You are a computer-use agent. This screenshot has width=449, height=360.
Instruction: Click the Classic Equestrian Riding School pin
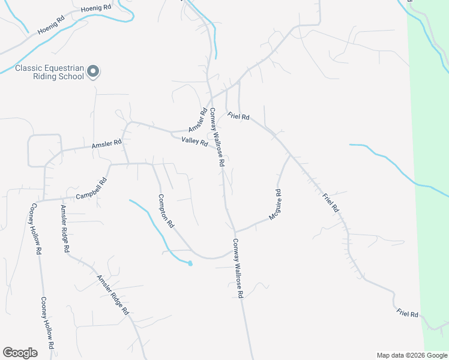point(93,71)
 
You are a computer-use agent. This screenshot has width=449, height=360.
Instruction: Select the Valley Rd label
point(194,142)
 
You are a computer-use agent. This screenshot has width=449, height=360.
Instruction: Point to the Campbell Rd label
point(91,189)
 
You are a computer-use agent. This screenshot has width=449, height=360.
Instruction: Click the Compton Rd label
point(166,211)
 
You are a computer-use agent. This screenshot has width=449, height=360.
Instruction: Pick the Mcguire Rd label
point(275,204)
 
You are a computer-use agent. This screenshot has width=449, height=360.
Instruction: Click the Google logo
point(20,353)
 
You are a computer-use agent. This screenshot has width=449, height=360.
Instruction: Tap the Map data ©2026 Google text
point(411,355)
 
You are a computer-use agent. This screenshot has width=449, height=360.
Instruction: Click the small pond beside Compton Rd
point(190,263)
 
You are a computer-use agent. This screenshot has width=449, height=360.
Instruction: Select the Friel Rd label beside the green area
point(407,313)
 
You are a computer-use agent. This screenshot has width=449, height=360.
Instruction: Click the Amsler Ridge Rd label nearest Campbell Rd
point(65,228)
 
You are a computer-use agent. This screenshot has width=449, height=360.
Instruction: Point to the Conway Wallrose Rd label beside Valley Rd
point(217,137)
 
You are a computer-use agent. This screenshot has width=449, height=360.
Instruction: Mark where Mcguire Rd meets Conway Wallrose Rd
point(235,232)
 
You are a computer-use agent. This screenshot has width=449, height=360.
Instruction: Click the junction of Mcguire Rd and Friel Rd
point(290,154)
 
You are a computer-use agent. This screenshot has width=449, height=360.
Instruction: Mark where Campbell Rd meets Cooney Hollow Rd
point(44,200)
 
